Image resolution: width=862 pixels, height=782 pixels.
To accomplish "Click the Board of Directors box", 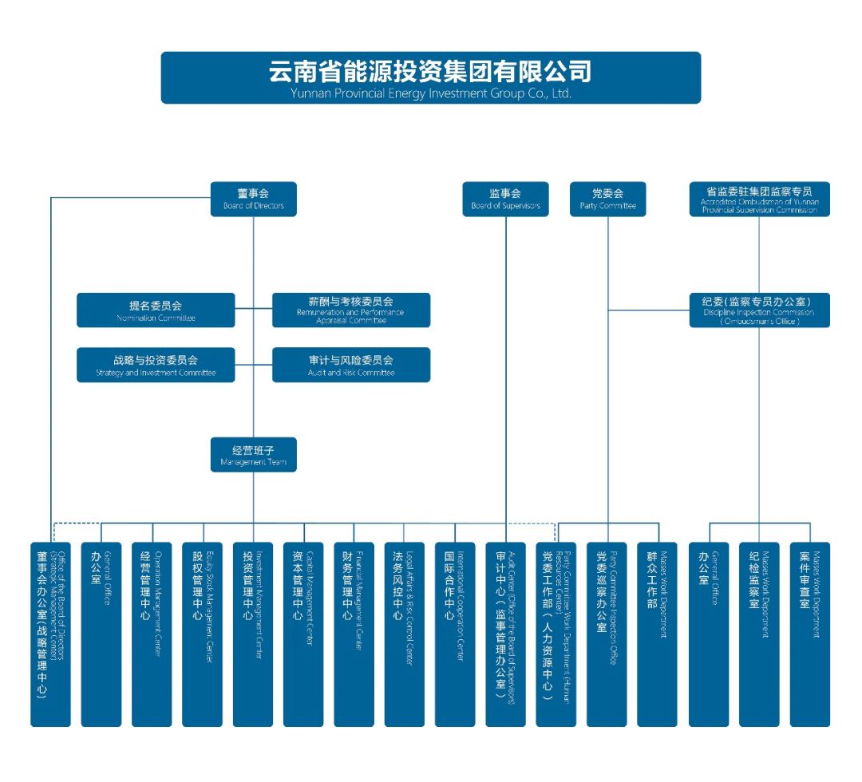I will [253, 199].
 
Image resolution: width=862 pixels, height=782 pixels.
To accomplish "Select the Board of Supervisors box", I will [505, 199].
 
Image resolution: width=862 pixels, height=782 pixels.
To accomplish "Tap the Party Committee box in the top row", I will [607, 199].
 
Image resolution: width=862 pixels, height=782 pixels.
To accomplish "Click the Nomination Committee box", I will [156, 310].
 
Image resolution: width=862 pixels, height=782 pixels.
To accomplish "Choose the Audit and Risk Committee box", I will [351, 365].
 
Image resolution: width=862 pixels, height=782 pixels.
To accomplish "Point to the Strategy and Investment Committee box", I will [156, 365].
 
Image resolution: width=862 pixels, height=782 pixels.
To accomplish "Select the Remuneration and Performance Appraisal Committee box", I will [351, 310].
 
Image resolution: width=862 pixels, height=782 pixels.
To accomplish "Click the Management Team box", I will [253, 454].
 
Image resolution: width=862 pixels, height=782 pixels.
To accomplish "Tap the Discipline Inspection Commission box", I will [759, 310].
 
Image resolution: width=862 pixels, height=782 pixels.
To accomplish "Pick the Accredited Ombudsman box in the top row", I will [759, 199].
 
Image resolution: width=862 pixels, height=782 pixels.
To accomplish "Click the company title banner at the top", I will [430, 77].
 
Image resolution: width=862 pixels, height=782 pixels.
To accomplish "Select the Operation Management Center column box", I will [152, 634].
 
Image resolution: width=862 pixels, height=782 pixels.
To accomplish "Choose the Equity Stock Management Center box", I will [202, 634].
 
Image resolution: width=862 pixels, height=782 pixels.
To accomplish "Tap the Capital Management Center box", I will [303, 634].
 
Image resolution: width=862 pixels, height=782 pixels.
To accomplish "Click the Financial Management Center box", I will [354, 634].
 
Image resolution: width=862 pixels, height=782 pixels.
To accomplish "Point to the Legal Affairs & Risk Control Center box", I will [404, 634].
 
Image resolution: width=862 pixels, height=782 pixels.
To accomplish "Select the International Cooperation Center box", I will [455, 634].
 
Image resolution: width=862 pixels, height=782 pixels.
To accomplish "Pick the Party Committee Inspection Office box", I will [607, 634].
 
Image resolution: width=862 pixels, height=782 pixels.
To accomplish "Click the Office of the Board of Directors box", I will [50, 634].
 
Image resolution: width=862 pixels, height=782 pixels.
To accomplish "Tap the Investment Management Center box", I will [253, 634].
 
